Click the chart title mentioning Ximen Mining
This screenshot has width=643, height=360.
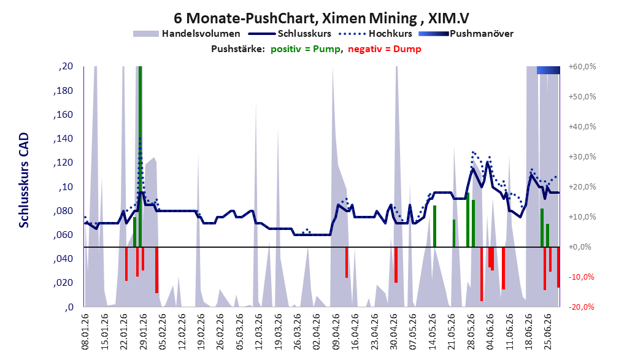click(321, 18)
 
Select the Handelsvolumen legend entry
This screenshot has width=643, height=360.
click(187, 34)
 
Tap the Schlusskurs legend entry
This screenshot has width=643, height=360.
click(290, 34)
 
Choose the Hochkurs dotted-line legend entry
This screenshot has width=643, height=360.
click(375, 34)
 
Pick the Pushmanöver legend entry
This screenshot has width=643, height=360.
click(466, 34)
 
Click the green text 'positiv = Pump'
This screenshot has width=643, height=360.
click(306, 49)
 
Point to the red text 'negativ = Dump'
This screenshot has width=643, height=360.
click(385, 49)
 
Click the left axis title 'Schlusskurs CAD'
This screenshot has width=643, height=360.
click(24, 180)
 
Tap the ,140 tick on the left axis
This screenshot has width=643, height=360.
click(63, 139)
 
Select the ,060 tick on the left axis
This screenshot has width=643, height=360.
click(63, 234)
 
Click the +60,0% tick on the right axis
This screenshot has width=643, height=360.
click(582, 66)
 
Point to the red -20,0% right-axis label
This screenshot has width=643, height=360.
click(581, 307)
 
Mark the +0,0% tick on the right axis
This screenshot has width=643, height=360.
click(580, 247)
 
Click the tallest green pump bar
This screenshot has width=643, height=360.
click(141, 156)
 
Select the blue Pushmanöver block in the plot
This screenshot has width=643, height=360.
click(549, 70)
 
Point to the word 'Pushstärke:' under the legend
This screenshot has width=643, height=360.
click(238, 49)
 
